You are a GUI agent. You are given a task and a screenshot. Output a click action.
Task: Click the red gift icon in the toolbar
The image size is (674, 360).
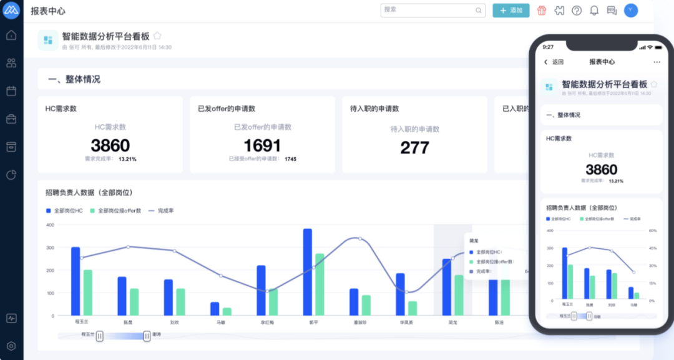pyautogui.click(x=542, y=11)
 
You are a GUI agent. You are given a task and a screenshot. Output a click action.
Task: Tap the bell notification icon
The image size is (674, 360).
pyautogui.click(x=594, y=11)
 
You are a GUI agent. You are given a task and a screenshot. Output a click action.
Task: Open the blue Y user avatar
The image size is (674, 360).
pyautogui.click(x=631, y=10)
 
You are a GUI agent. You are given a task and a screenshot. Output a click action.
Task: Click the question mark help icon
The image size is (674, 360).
pyautogui.click(x=577, y=11)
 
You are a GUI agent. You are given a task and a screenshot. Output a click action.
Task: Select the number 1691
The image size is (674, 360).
pyautogui.click(x=262, y=146)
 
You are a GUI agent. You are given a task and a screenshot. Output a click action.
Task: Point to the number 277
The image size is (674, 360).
pyautogui.click(x=414, y=148)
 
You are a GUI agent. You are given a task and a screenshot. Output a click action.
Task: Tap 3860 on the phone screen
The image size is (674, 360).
pyautogui.click(x=602, y=170)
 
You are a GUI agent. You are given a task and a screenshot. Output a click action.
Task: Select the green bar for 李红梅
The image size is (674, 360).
pyautogui.click(x=273, y=302)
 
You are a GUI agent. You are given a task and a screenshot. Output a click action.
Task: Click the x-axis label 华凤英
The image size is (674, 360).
pyautogui.click(x=406, y=323)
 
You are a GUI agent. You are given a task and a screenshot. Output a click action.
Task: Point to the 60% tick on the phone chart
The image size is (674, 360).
pyautogui.click(x=653, y=231)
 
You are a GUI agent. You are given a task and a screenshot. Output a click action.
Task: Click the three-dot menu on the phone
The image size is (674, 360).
pyautogui.click(x=657, y=62)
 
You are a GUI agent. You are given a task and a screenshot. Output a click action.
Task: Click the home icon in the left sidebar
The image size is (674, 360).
pyautogui.click(x=11, y=35)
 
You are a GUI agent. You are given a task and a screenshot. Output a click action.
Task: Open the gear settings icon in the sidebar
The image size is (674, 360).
pyautogui.click(x=11, y=346)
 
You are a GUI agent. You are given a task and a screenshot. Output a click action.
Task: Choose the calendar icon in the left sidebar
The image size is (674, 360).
pyautogui.click(x=11, y=91)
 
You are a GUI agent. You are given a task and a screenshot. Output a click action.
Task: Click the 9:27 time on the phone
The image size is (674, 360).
pyautogui.click(x=548, y=47)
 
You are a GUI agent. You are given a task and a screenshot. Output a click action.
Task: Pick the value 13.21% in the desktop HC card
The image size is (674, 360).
pyautogui.click(x=127, y=159)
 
